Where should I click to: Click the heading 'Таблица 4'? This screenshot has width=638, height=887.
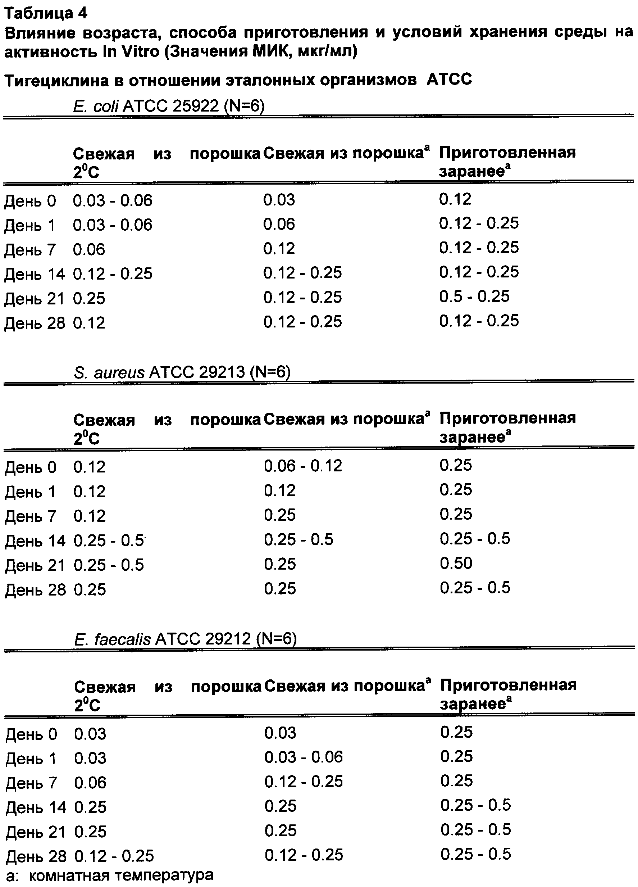pos(46,13)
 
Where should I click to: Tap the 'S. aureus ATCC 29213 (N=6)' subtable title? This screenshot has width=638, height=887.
pos(182,372)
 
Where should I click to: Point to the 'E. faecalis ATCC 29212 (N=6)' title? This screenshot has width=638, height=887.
pos(185,639)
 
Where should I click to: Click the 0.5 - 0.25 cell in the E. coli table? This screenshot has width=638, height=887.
pos(474,297)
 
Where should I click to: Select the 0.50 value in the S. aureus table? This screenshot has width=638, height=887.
pos(456,563)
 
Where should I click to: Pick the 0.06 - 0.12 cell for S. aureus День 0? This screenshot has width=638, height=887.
pos(303,466)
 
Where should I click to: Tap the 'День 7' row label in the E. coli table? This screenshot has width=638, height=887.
pos(30,249)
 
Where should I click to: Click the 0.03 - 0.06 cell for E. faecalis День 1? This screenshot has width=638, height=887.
pos(304,757)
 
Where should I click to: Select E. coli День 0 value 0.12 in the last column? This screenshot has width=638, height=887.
pos(455,199)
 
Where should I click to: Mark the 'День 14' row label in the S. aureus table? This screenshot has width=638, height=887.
pos(35,541)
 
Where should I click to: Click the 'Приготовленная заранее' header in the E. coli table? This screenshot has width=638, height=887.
pos(507,162)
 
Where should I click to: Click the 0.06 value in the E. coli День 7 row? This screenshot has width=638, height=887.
pos(89,249)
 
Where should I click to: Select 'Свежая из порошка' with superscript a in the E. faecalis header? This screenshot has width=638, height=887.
pos(347,685)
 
